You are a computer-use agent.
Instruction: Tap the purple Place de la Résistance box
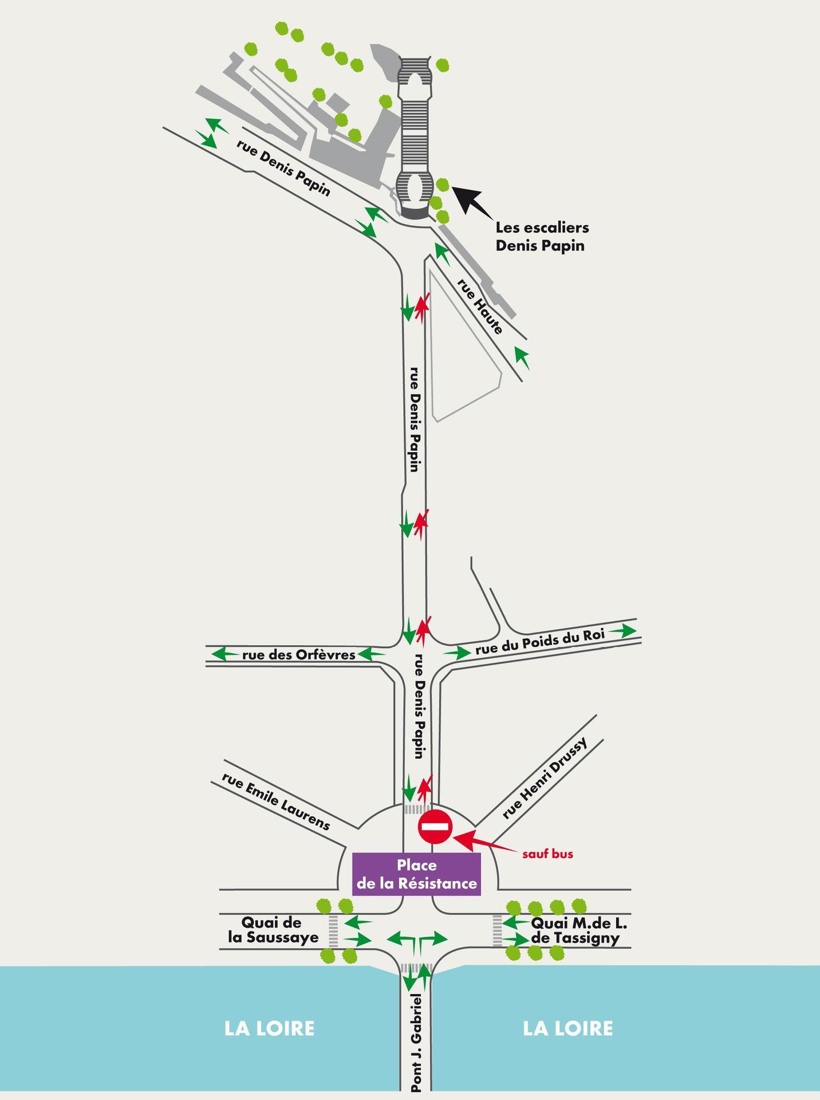[416, 874]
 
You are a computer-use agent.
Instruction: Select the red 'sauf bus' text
[547, 854]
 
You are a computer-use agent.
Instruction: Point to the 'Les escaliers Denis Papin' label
[542, 236]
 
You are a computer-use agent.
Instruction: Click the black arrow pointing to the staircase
[473, 202]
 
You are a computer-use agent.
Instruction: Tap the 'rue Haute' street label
[480, 307]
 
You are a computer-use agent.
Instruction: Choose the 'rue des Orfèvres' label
[299, 655]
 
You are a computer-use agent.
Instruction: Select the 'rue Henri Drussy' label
[545, 778]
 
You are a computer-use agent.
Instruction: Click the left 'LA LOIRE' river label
[269, 1028]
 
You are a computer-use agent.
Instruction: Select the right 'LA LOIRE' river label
[568, 1028]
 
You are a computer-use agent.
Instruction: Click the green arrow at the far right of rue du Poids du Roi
[622, 631]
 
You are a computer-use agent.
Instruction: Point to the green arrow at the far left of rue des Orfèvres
[224, 654]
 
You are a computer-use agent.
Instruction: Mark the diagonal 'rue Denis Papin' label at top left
[283, 167]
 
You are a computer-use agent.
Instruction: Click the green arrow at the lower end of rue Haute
[522, 357]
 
